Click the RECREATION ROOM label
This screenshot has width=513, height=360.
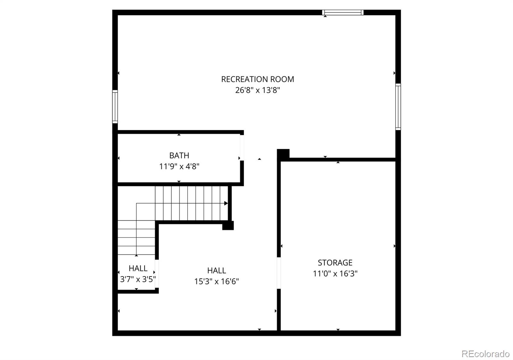coord(257,79)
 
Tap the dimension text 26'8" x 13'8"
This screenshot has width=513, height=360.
coord(257,90)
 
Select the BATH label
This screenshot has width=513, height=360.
coord(179,156)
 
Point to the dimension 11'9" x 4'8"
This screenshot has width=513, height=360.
coord(179,167)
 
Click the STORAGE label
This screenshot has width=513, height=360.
coord(335,263)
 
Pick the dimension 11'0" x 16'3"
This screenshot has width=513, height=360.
coord(335,274)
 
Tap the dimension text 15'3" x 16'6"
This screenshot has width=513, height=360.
coord(216,281)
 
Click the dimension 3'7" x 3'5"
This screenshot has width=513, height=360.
coord(138,279)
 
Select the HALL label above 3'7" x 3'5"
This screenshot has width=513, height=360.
coord(138,268)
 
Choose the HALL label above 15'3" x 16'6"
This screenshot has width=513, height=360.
coord(216,270)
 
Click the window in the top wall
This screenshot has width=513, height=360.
coord(343,13)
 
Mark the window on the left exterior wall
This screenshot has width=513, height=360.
coord(115,107)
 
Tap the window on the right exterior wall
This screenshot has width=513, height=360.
coord(398,107)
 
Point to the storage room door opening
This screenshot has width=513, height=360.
coord(279,273)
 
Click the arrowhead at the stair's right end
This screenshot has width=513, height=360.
coord(226,203)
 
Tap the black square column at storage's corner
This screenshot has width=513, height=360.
coord(283,154)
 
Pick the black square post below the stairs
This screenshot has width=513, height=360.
coord(228,226)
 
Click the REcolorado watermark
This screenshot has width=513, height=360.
coord(485,354)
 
